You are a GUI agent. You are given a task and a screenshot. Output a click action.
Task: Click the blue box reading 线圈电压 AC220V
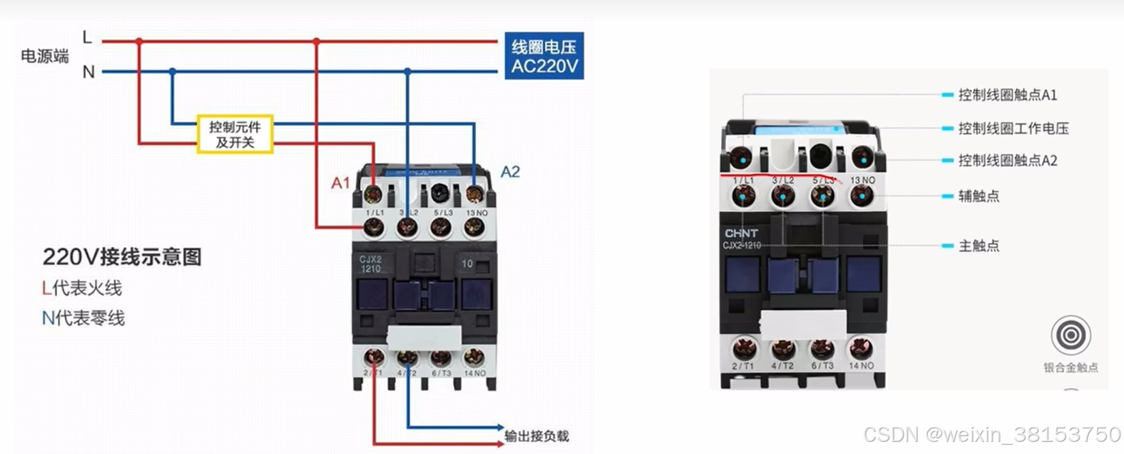point(544,56)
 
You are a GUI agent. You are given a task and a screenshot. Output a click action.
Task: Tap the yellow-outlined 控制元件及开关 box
point(235,134)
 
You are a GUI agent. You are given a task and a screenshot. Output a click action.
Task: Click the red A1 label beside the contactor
point(340,183)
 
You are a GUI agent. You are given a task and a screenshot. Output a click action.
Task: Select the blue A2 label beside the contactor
point(510,172)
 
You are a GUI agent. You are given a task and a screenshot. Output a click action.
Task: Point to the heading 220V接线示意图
point(122,257)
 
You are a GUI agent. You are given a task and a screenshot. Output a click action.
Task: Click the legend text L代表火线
point(82,288)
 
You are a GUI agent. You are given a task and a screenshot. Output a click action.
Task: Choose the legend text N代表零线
point(84,318)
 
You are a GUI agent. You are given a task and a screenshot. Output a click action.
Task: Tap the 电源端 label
point(44,56)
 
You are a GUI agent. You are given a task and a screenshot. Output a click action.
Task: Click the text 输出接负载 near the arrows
point(537,436)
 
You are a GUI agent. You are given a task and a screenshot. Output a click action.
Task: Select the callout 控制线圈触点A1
point(1008,95)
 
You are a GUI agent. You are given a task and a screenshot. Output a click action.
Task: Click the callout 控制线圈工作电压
point(1013,128)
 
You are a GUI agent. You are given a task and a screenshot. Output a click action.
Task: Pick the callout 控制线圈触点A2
point(1008,161)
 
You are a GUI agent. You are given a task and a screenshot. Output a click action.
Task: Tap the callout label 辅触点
point(979,196)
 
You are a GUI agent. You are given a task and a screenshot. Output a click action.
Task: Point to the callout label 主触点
point(979,246)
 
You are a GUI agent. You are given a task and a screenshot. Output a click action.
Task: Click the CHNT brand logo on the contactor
point(741,233)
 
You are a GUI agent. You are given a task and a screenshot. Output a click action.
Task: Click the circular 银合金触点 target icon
point(1070,335)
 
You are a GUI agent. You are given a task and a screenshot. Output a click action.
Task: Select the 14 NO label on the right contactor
point(861,365)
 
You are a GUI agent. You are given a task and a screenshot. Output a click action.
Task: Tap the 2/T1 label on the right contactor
point(743,365)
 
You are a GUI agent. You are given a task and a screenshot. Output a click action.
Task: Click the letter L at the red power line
point(87,37)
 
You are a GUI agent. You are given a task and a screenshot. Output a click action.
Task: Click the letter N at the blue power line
point(89,72)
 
